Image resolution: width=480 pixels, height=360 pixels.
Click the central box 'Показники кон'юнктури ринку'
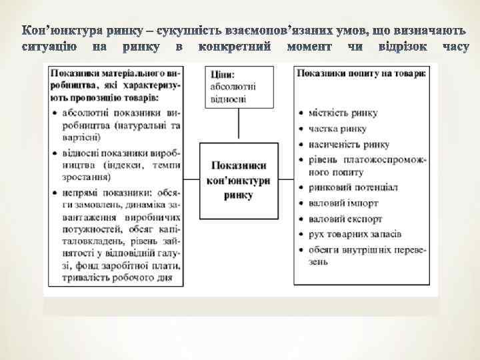pyautogui.click(x=239, y=179)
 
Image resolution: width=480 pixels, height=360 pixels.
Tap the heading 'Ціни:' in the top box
pyautogui.click(x=222, y=74)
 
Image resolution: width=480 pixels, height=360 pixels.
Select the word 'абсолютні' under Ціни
pyautogui.click(x=233, y=87)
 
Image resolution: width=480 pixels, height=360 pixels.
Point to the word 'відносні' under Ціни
pyautogui.click(x=228, y=99)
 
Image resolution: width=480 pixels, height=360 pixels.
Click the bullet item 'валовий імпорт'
pyautogui.click(x=343, y=203)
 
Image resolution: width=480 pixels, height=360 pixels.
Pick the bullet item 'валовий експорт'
pyautogui.click(x=345, y=219)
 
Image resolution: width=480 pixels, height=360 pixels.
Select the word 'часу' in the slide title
pyautogui.click(x=455, y=47)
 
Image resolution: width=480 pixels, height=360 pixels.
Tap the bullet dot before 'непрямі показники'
pyautogui.click(x=53, y=191)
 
